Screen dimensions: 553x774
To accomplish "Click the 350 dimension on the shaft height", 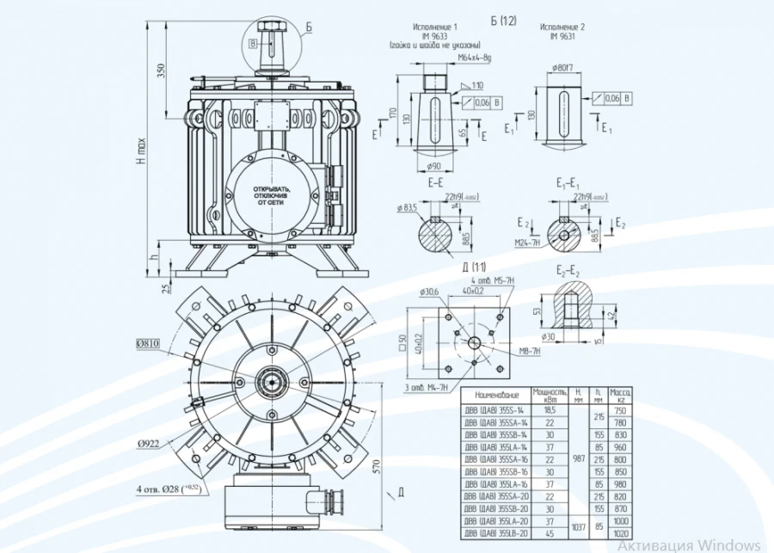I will tap(161, 71).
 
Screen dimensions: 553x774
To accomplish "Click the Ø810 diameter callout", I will tap(149, 344).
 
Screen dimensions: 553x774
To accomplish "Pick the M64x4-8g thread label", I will tap(474, 58).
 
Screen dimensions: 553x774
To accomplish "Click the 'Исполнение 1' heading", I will tap(435, 28).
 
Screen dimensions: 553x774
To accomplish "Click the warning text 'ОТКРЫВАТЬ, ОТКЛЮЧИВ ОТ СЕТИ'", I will tap(272, 193).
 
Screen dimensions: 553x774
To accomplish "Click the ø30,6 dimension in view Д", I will tap(429, 292).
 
